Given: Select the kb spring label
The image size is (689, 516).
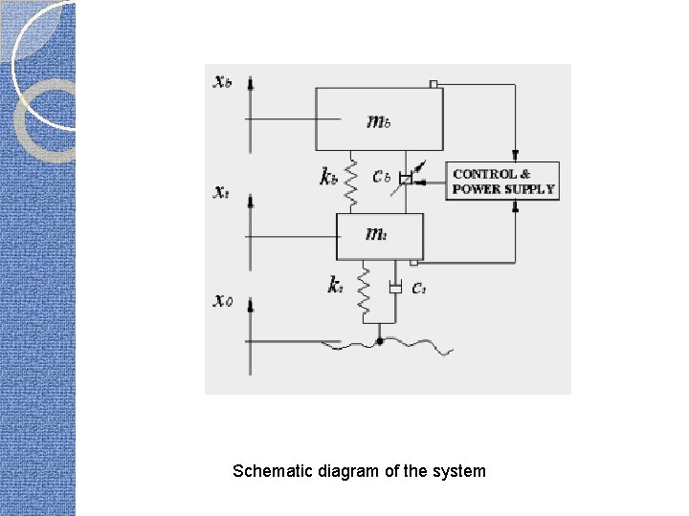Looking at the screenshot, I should pyautogui.click(x=328, y=176).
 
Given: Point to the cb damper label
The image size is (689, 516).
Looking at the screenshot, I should pyautogui.click(x=382, y=176).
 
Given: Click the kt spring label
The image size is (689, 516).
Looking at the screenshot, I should pyautogui.click(x=335, y=286).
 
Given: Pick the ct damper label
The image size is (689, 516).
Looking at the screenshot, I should pyautogui.click(x=419, y=289).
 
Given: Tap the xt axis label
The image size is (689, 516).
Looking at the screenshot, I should pyautogui.click(x=220, y=191).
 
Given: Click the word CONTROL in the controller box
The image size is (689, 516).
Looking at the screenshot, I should pyautogui.click(x=485, y=174).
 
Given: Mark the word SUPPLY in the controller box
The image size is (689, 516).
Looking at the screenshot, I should pyautogui.click(x=530, y=189).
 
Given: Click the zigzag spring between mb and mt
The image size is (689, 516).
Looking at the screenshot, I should pyautogui.click(x=352, y=182).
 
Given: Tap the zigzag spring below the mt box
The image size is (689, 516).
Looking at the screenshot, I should pyautogui.click(x=364, y=291).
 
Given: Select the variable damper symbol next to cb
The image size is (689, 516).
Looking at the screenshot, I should pyautogui.click(x=407, y=179).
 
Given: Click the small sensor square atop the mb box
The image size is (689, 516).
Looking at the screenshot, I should pyautogui.click(x=434, y=85).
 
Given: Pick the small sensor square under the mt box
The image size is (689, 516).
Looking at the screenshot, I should pyautogui.click(x=413, y=262).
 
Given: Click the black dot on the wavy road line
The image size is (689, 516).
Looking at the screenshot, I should pyautogui.click(x=380, y=340).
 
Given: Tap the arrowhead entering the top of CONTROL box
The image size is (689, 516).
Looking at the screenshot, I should pyautogui.click(x=516, y=156).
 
